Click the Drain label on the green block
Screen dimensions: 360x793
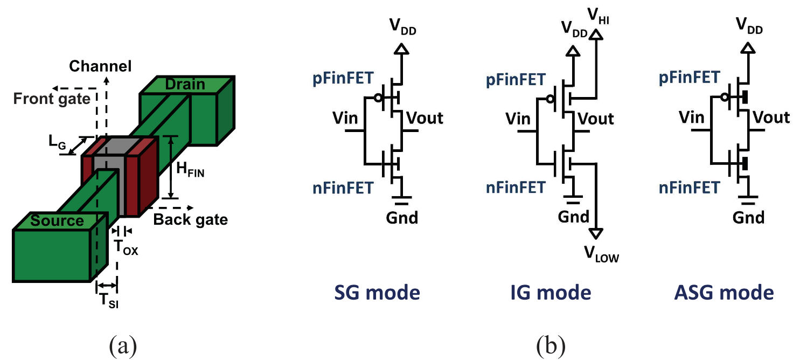pyautogui.click(x=185, y=85)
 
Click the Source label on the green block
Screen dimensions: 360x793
pyautogui.click(x=57, y=220)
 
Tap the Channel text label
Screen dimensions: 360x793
pyautogui.click(x=100, y=67)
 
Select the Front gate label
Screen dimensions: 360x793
pyautogui.click(x=52, y=99)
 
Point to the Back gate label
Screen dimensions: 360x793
pyautogui.click(x=191, y=219)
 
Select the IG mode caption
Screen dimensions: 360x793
pyautogui.click(x=550, y=293)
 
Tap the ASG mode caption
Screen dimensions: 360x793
pyautogui.click(x=724, y=293)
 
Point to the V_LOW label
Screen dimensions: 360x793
pyautogui.click(x=602, y=255)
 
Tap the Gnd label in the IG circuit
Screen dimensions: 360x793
pyautogui.click(x=574, y=217)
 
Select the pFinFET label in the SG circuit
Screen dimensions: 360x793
pyautogui.click(x=343, y=78)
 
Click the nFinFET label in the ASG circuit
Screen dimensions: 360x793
pyautogui.click(x=689, y=188)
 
